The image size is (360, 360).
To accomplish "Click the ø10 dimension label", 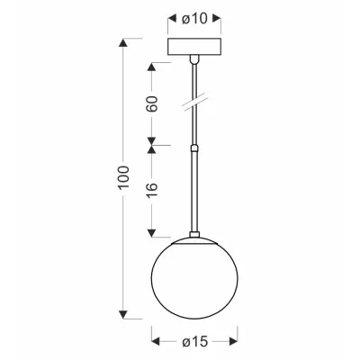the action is (194, 19).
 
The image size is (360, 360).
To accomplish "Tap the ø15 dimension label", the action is (195, 341).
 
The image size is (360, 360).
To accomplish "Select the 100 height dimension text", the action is (123, 177).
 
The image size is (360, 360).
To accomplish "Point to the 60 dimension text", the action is (152, 103).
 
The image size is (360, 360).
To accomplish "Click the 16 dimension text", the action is (152, 191).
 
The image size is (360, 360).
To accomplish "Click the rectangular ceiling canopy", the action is (194, 47).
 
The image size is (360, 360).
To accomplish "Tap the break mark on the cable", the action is (194, 102).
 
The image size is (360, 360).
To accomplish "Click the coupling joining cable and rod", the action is (194, 148).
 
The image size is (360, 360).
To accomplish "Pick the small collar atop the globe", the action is (194, 235).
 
